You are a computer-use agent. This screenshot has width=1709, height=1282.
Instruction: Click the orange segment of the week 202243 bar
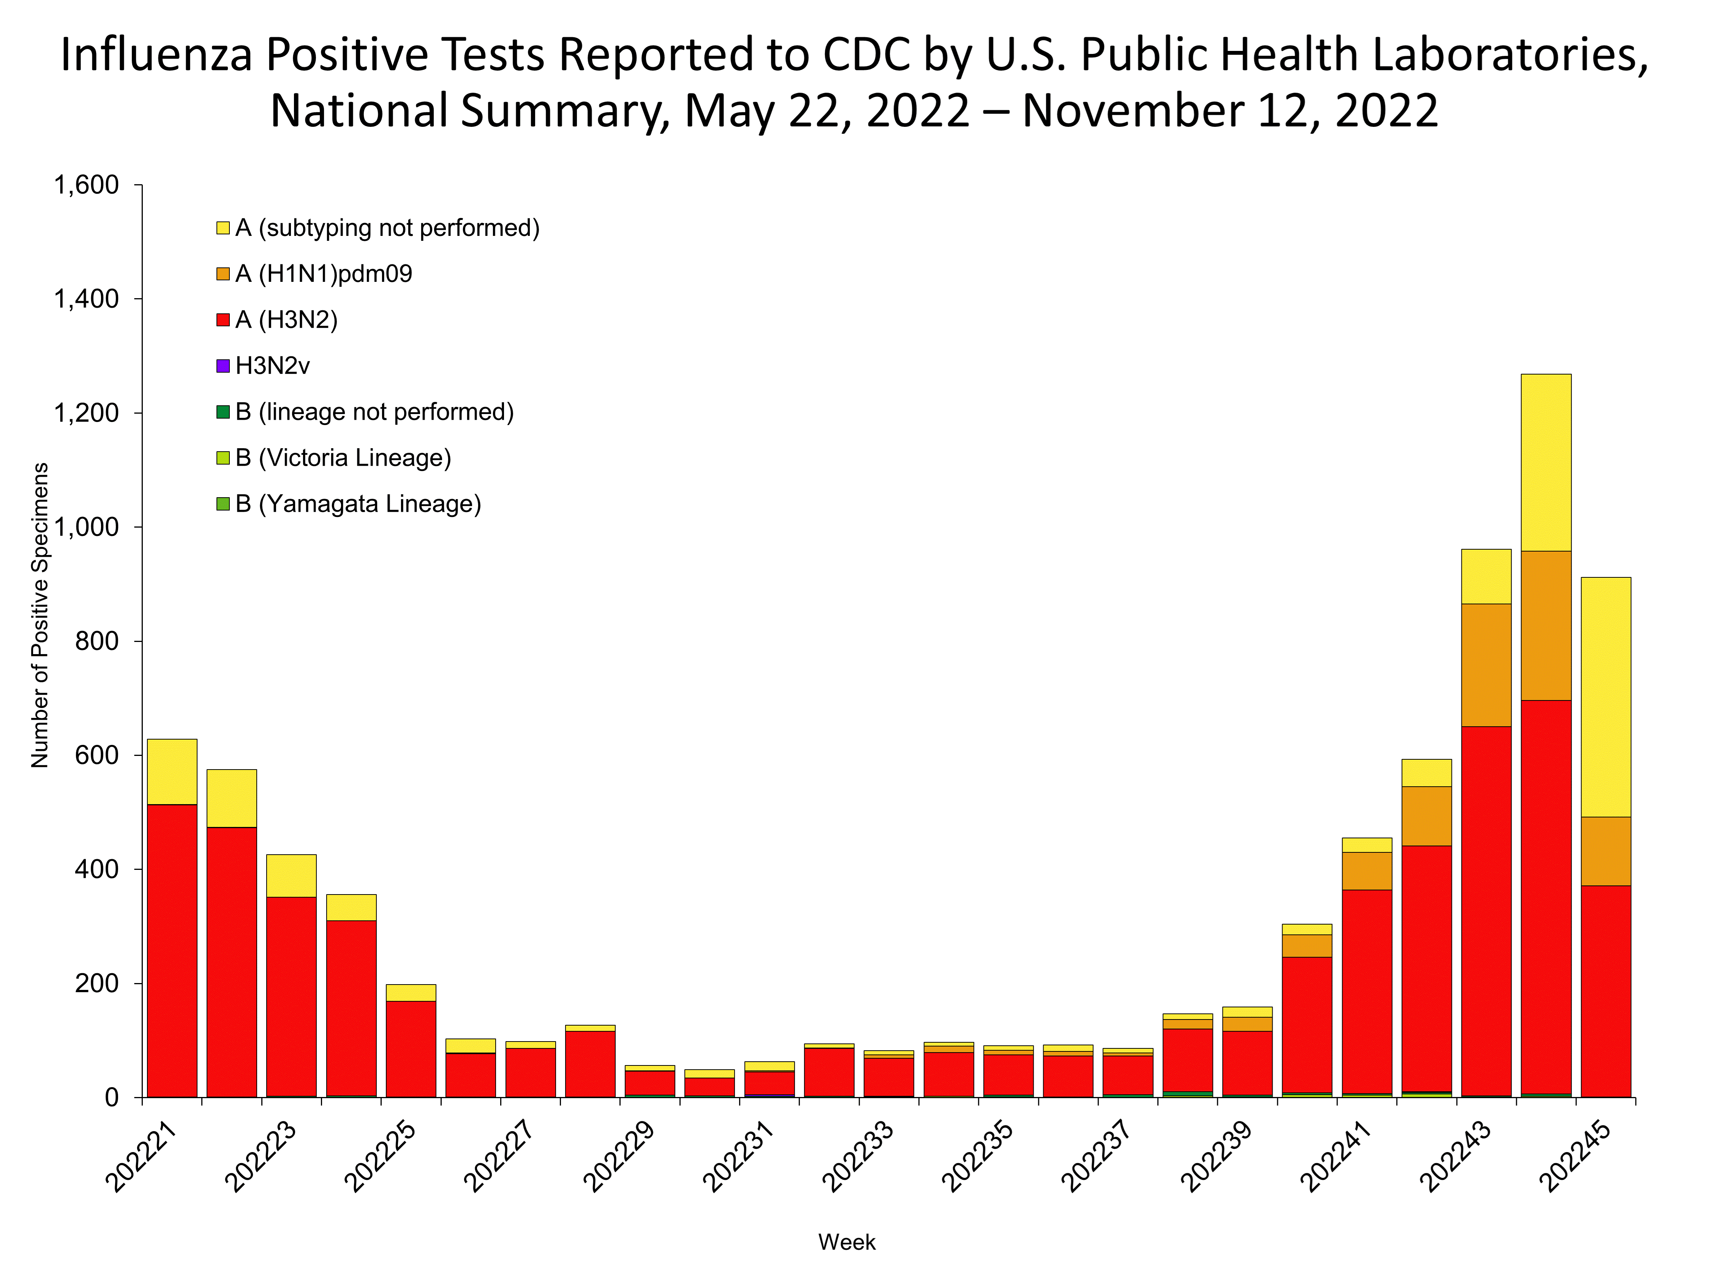(x=1486, y=665)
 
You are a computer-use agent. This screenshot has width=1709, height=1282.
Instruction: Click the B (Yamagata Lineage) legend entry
(x=358, y=504)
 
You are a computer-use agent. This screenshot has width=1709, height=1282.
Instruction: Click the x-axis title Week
(x=847, y=1242)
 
